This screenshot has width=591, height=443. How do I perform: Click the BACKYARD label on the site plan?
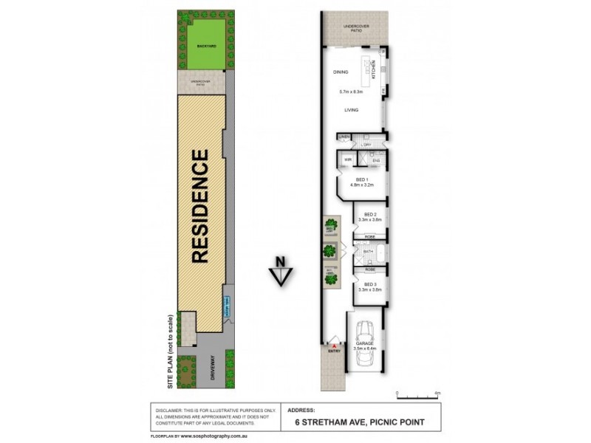tap(206, 46)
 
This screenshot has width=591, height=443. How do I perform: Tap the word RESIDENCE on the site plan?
tap(201, 207)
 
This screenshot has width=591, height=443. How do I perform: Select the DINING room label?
tap(341, 72)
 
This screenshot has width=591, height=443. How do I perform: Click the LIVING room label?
tap(351, 110)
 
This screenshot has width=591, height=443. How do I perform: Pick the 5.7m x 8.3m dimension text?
tap(352, 92)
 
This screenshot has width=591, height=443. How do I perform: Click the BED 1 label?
tap(361, 179)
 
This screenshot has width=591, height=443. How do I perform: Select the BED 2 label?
tap(361, 214)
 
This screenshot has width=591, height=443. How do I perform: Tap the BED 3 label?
tap(361, 284)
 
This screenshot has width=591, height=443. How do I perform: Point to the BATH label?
tap(366, 252)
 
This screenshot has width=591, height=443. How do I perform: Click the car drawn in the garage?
tap(365, 346)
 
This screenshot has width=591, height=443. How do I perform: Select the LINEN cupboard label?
tap(344, 137)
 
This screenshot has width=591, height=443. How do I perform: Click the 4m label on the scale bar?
tap(437, 393)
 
